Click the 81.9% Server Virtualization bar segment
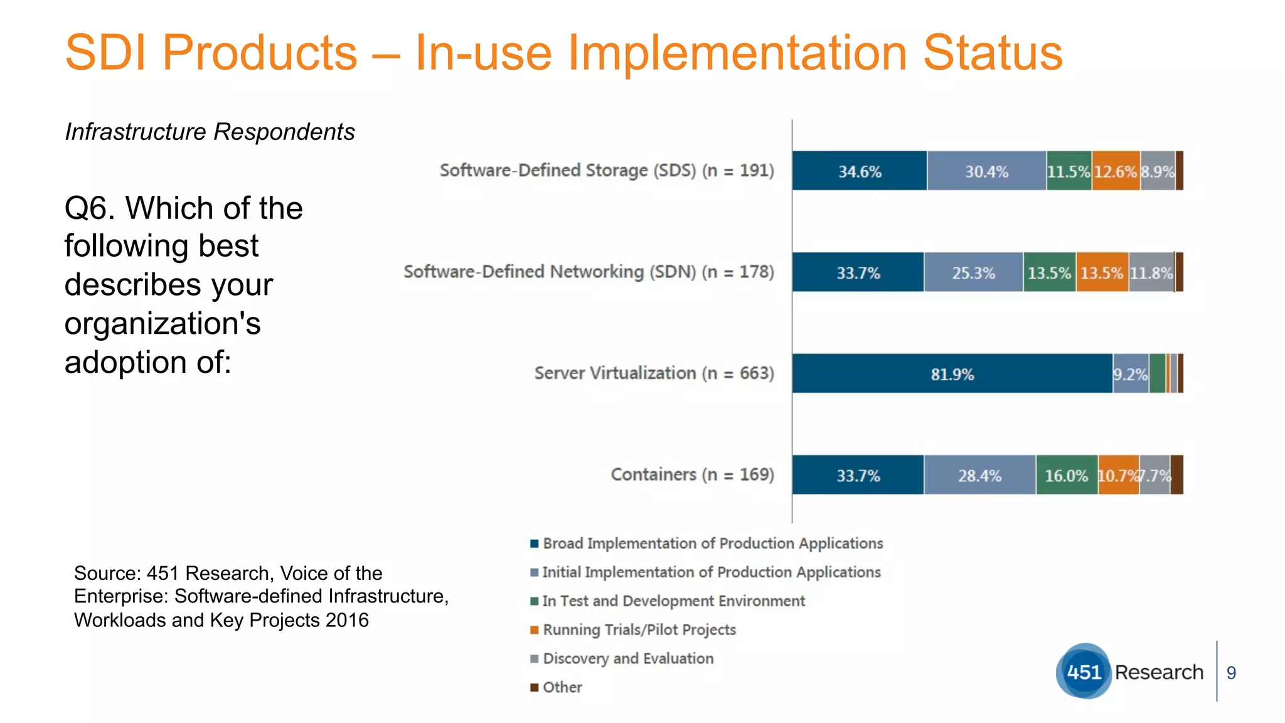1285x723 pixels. pos(952,374)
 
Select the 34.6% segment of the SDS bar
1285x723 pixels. pos(860,171)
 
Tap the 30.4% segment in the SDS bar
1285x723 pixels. pos(986,171)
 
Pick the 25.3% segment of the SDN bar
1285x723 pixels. pos(973,273)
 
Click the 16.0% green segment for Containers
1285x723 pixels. pos(1066,476)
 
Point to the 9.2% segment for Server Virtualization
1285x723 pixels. pos(1131,374)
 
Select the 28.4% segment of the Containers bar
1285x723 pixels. pos(979,476)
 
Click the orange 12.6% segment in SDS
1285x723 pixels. pos(1116,171)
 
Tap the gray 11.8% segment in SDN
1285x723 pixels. pos(1151,273)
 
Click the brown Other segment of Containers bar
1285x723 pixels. pos(1176,475)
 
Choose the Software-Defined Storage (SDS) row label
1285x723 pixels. pos(606,171)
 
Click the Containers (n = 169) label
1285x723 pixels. pos(692,474)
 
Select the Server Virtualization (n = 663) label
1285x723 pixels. pos(654,373)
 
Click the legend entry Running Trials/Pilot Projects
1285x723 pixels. pos(639,629)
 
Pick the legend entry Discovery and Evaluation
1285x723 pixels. pos(627,658)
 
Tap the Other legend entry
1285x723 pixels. pos(562,687)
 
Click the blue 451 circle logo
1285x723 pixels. pos(1084,672)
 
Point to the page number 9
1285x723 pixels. pos(1231,673)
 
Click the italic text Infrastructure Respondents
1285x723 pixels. pos(210,132)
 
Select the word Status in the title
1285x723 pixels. pos(993,53)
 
